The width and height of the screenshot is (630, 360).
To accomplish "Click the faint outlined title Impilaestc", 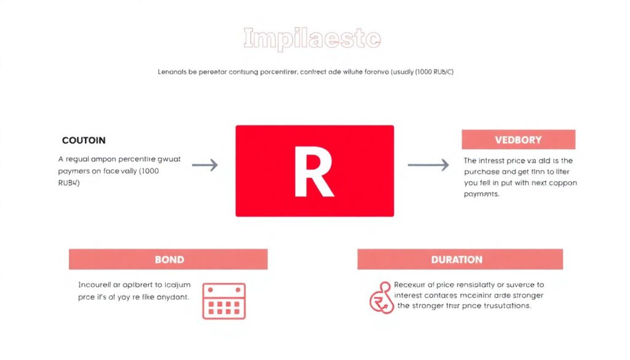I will [312, 38].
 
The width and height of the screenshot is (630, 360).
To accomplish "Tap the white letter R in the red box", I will [314, 172].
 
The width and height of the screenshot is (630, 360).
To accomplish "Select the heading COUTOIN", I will [84, 140].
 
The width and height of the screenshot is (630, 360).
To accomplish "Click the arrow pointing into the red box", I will [204, 165].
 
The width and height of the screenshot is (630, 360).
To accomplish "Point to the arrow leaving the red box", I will [428, 165].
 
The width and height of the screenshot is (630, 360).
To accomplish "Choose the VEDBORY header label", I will [518, 140].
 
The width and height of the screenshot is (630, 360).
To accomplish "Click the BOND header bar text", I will [169, 259].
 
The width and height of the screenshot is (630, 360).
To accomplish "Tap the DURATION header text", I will [457, 259].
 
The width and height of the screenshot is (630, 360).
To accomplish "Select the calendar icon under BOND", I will [224, 301].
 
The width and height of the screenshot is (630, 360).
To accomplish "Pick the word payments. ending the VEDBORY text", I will [481, 194].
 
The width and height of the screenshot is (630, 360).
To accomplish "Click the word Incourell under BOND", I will [96, 285].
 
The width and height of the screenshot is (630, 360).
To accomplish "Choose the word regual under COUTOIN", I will [81, 159].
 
